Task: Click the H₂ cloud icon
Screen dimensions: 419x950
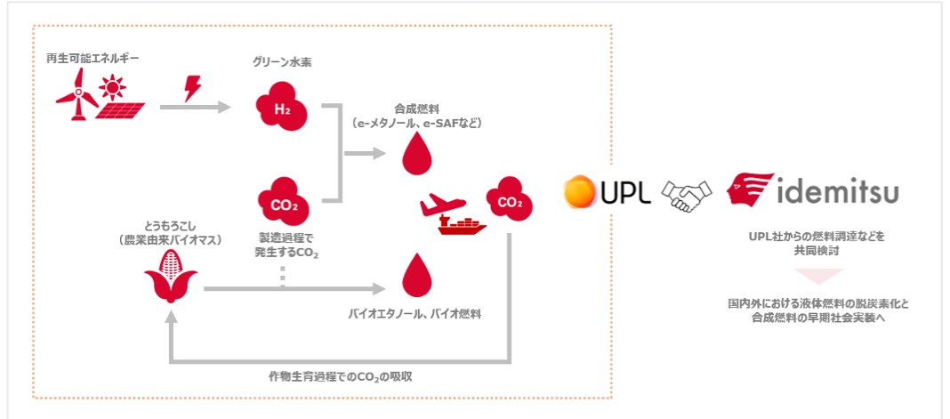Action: click(x=282, y=107)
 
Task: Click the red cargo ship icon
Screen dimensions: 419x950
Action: click(x=463, y=225)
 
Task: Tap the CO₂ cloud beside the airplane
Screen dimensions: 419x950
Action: click(x=509, y=203)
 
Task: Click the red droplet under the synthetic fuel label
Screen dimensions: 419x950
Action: click(x=415, y=155)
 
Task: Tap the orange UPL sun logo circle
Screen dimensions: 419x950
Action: click(x=579, y=191)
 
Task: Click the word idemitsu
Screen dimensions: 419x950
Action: click(x=836, y=192)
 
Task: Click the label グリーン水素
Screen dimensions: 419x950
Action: click(x=282, y=64)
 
